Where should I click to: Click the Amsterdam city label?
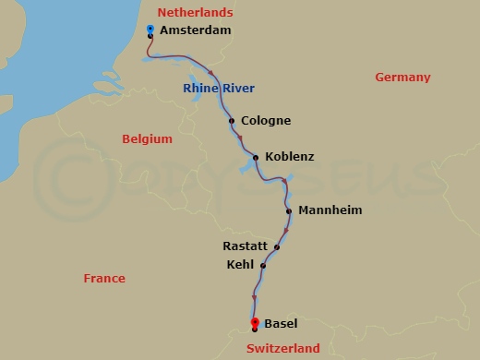[195, 30]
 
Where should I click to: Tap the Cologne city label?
[265, 121]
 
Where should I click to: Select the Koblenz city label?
[289, 157]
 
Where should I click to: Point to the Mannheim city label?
[330, 210]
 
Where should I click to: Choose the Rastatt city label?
[245, 246]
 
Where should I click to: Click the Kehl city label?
[240, 265]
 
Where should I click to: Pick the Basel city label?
[281, 324]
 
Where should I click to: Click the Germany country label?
[402, 78]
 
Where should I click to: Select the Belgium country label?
[148, 139]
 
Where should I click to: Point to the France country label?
[104, 278]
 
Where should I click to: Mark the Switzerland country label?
[283, 348]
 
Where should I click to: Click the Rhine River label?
[219, 89]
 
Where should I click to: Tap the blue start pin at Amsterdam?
[150, 30]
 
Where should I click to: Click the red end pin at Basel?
[255, 322]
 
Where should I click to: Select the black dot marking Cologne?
[232, 121]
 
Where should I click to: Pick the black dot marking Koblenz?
[256, 158]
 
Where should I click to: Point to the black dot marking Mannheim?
[289, 211]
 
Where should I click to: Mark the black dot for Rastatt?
[276, 246]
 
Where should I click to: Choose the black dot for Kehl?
[263, 266]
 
